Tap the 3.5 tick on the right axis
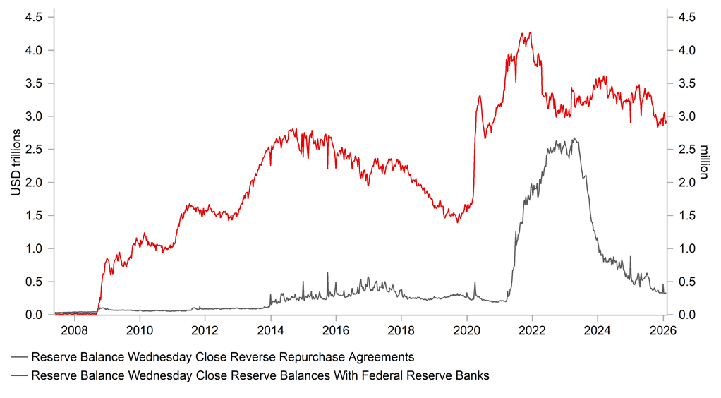pos(686,83)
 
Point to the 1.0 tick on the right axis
pos(686,248)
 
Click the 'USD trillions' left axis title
pos(15,162)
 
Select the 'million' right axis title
pos(704,162)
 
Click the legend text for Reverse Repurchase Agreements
pos(223,357)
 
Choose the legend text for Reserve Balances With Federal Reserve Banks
pos(260,376)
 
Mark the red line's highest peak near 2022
pos(529,32)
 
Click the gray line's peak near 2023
pos(574,138)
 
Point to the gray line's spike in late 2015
pos(327,273)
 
